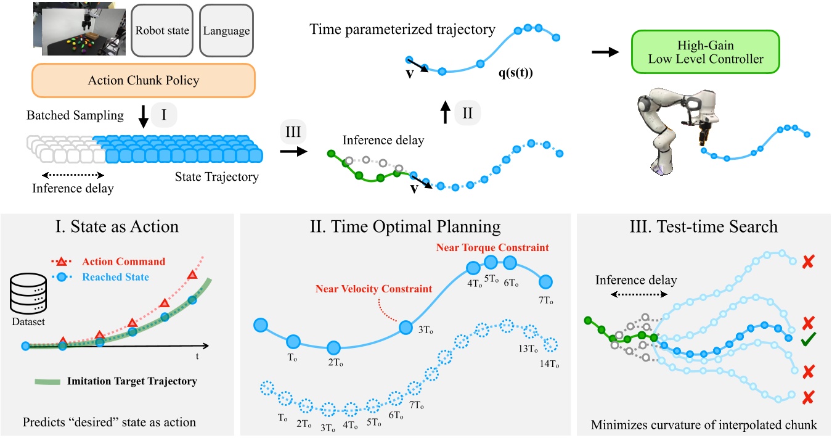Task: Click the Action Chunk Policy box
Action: coord(144,80)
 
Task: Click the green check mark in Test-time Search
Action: coord(808,340)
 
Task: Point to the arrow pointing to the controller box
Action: coord(605,52)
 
